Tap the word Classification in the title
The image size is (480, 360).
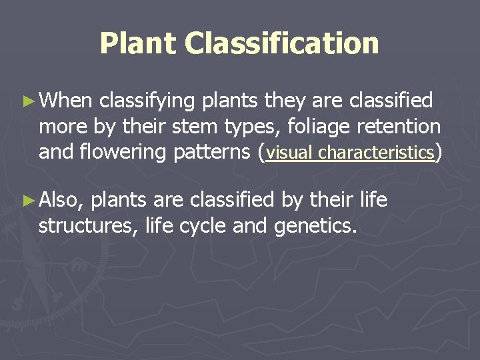point(282,43)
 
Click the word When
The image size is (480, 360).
point(65,101)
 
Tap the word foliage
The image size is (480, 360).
point(310,126)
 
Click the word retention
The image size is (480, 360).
point(399,126)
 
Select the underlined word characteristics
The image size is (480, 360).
point(376,153)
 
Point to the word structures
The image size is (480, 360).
point(85,225)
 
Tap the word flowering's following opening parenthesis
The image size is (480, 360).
point(261,152)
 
